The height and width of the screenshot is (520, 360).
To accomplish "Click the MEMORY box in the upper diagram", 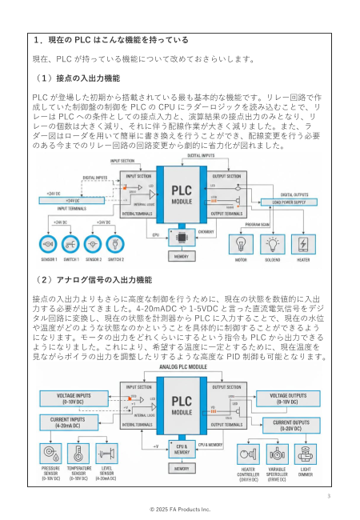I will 181,257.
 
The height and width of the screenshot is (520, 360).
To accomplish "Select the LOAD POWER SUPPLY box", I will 289,202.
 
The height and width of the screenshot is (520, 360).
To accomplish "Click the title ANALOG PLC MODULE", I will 181,366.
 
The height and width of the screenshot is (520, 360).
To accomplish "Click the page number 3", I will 328,496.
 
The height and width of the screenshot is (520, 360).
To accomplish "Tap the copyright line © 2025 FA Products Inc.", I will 180,508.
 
